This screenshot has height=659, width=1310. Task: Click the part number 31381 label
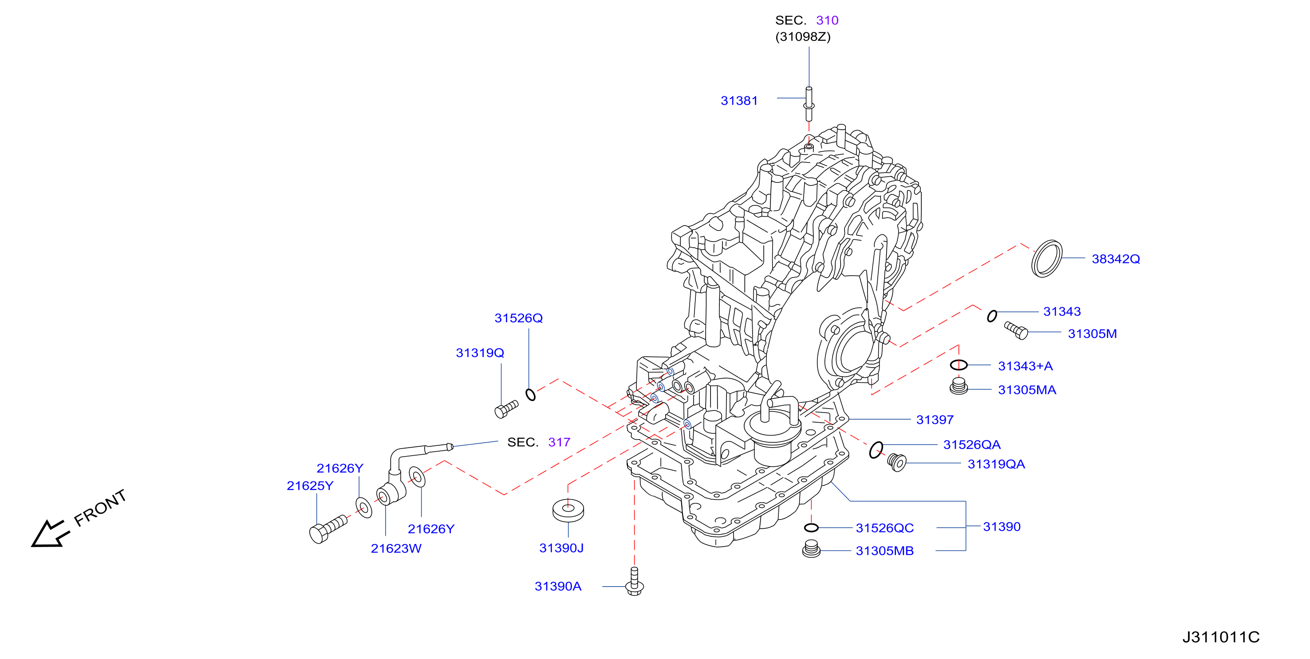pyautogui.click(x=739, y=101)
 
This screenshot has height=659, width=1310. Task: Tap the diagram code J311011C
pyautogui.click(x=1220, y=637)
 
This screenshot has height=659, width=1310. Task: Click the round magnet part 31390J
pyautogui.click(x=568, y=510)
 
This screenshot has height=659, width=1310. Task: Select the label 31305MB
pyautogui.click(x=884, y=551)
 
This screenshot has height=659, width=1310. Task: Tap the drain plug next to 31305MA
pyautogui.click(x=959, y=386)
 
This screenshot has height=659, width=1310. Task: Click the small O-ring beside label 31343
pyautogui.click(x=992, y=316)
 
